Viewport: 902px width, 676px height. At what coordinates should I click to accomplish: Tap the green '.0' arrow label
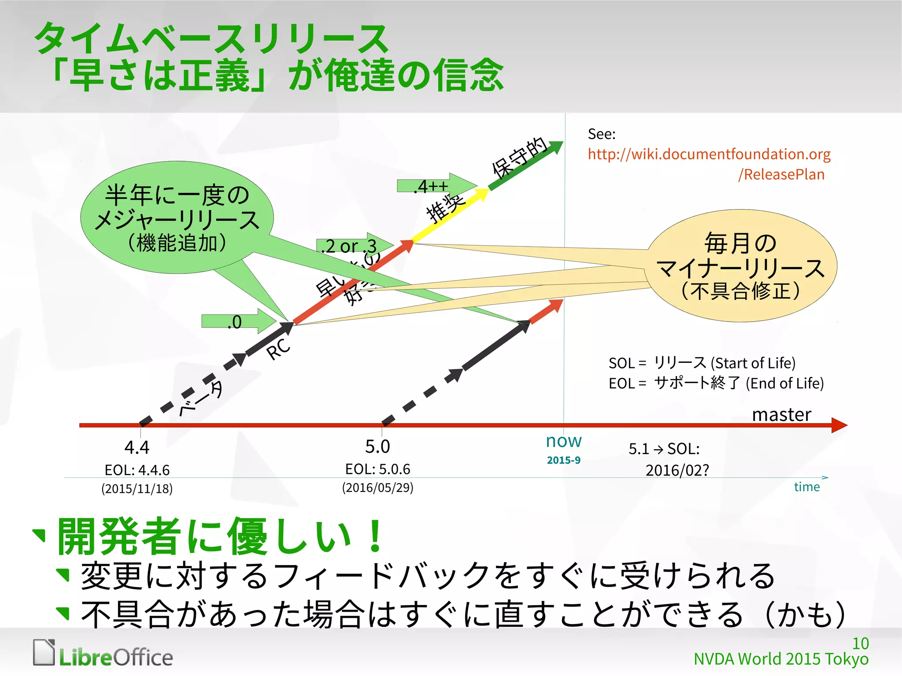pos(235,322)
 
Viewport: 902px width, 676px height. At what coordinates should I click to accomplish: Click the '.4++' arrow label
pos(431,186)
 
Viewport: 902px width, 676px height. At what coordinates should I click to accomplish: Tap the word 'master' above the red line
pos(781,414)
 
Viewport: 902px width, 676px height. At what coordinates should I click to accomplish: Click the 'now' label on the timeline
pos(563,441)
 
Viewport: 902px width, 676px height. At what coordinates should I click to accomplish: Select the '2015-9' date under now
pos(563,460)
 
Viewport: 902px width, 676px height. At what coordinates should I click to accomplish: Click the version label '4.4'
pos(137,447)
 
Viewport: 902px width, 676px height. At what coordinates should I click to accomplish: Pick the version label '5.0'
pos(377,447)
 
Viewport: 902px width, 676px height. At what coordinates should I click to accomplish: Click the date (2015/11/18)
pos(137,489)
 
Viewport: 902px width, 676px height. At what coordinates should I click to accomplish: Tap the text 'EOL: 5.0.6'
pos(377,469)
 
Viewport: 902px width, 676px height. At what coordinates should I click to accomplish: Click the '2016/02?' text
pos(677,470)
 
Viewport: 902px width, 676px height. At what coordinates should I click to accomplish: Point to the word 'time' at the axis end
pos(806,487)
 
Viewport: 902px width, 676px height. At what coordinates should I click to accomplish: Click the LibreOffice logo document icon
pos(44,652)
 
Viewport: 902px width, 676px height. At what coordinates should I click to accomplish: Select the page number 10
pos(860,643)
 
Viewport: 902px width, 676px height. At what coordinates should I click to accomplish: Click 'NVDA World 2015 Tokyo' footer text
pos(780,659)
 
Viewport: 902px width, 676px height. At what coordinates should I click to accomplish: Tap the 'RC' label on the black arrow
pos(278,349)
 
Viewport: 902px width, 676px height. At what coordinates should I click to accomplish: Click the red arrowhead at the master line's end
pos(839,425)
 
